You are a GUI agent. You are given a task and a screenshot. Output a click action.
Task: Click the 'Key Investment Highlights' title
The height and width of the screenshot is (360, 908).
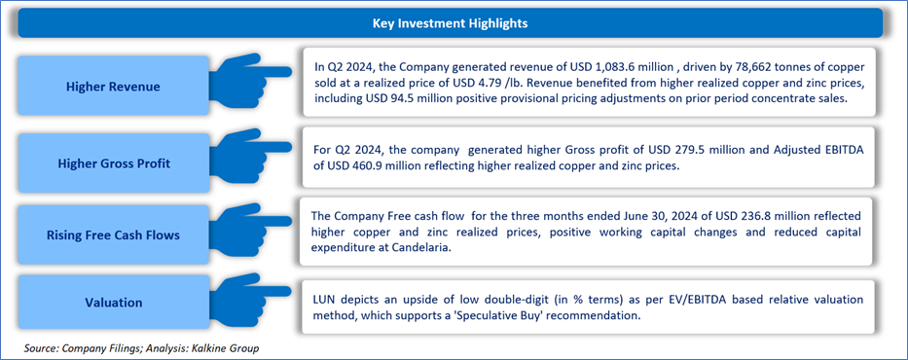(x=450, y=23)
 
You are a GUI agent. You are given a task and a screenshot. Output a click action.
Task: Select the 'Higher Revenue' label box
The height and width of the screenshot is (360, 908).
(x=113, y=87)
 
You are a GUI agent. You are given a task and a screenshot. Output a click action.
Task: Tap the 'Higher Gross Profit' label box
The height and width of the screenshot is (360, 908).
(x=113, y=163)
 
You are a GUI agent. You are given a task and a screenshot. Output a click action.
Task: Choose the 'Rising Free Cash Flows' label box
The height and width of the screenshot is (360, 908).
(x=113, y=235)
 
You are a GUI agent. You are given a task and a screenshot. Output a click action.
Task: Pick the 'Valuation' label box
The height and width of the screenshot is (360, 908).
(x=113, y=303)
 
